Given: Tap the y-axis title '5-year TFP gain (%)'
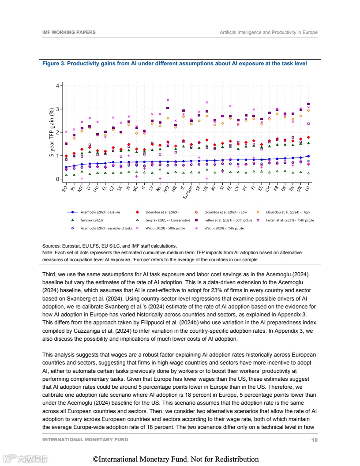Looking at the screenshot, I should [x=52, y=132].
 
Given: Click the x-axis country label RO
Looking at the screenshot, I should [x=65, y=188].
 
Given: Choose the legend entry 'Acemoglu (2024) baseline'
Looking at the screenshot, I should [x=100, y=212].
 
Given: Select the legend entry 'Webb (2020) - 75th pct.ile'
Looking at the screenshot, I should [x=224, y=228].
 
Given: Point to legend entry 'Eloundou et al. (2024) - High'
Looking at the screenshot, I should [x=288, y=212].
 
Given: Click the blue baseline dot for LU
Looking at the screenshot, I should [x=308, y=156].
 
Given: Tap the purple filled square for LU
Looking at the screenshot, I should [x=308, y=104].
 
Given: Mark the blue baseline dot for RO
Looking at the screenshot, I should [x=66, y=167].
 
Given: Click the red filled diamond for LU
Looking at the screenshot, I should [x=308, y=137].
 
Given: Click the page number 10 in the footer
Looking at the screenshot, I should [x=314, y=440].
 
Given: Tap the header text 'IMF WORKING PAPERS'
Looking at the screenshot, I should [x=69, y=33].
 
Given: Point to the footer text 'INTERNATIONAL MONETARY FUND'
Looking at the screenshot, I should [x=85, y=440].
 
